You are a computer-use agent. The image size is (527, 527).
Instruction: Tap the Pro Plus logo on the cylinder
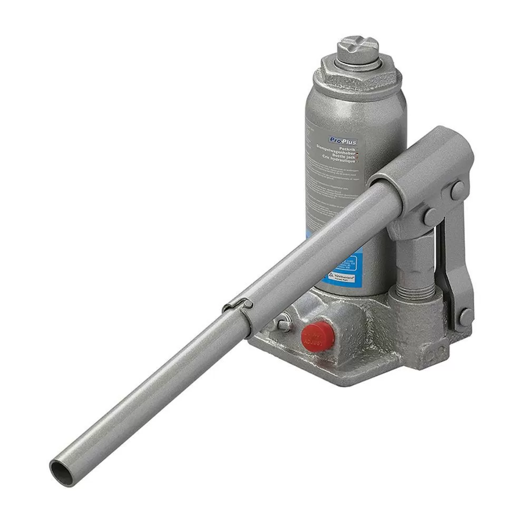tap(343, 141)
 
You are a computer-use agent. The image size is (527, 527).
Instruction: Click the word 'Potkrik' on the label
tap(348, 147)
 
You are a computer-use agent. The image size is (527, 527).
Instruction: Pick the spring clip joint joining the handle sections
tap(237, 306)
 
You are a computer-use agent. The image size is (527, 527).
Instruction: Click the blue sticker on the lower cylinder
tap(343, 271)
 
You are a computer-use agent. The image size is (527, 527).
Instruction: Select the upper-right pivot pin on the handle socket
tap(457, 190)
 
